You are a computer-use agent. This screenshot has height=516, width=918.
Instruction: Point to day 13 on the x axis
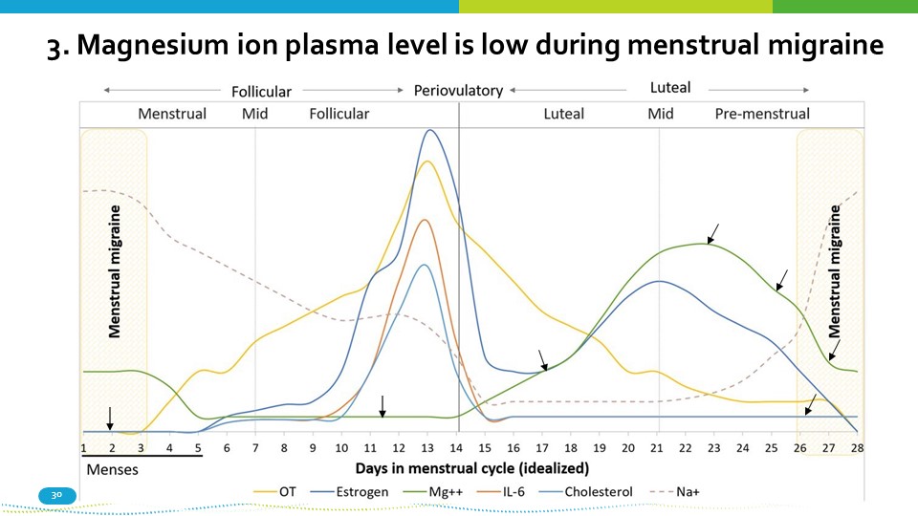[x=427, y=447]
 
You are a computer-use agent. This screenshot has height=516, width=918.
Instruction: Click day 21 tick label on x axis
[x=657, y=447]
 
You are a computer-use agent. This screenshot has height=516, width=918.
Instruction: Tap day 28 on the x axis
[x=857, y=447]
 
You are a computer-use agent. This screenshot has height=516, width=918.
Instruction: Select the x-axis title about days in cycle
[x=471, y=468]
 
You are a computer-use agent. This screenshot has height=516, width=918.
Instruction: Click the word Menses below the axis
[x=112, y=470]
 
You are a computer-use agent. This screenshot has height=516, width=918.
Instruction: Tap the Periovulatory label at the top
[x=458, y=91]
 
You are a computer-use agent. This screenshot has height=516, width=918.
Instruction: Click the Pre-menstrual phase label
[x=762, y=114]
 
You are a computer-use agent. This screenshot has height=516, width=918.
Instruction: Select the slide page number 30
[x=55, y=495]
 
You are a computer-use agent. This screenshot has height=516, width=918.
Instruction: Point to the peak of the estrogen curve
[x=430, y=131]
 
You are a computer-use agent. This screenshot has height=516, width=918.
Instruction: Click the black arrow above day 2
[x=110, y=418]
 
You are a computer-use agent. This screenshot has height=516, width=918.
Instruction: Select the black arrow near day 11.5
[x=382, y=406]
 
